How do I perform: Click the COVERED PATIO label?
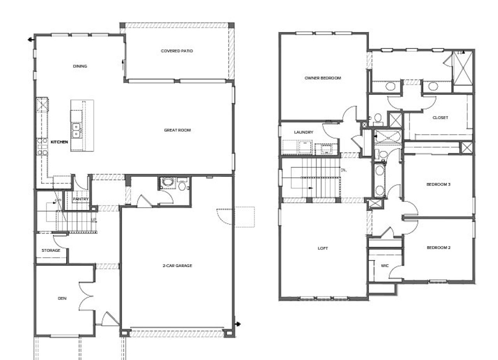[177, 51]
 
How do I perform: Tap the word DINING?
[80, 66]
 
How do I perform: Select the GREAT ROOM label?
[177, 130]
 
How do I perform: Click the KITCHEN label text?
[59, 142]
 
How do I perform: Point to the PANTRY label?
[81, 199]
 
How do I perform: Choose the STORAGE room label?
[51, 250]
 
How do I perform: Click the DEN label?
[62, 299]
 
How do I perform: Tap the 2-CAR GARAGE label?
[177, 266]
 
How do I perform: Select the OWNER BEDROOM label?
[323, 78]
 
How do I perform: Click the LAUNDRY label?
[303, 132]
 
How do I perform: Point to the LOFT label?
[323, 248]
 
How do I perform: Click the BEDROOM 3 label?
[438, 184]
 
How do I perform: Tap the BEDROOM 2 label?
[438, 248]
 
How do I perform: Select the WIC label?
[385, 266]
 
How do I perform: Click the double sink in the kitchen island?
[76, 130]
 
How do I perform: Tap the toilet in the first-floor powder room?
[182, 185]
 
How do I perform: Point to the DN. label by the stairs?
[344, 170]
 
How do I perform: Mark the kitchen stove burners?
[42, 147]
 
